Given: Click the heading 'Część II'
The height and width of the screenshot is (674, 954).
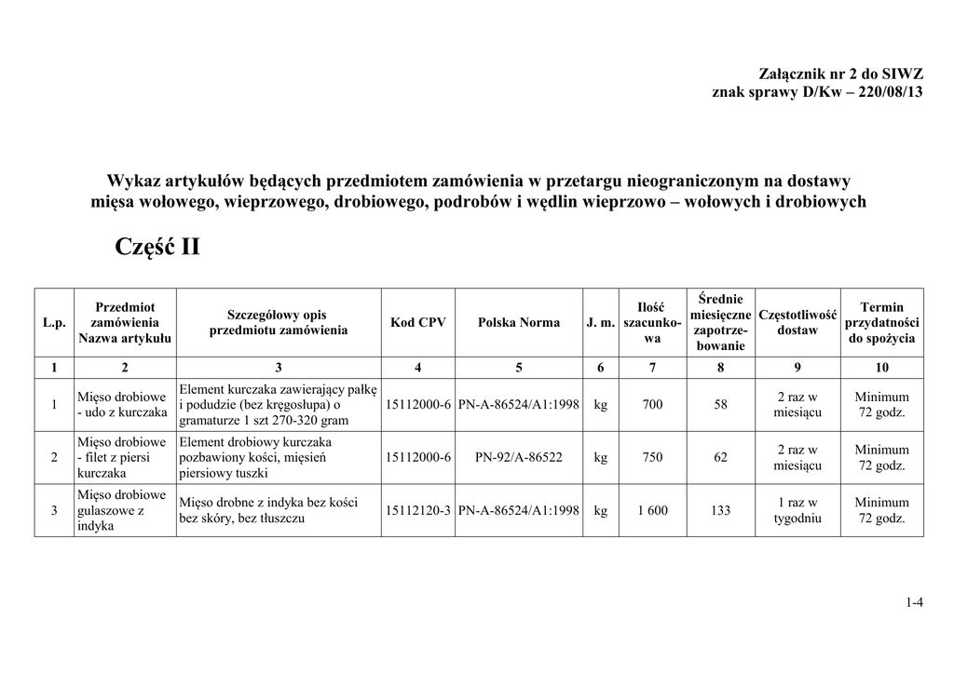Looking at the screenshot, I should click(x=157, y=247).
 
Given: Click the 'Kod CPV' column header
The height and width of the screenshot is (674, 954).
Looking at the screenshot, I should click(x=418, y=322).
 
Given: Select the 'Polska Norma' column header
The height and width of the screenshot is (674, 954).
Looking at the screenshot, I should click(x=519, y=322).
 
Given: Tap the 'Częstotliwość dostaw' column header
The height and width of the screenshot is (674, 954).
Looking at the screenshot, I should click(x=797, y=322).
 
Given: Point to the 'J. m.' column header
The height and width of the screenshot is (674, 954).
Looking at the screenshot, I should click(x=601, y=322).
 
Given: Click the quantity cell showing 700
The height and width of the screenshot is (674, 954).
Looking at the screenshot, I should click(x=653, y=405).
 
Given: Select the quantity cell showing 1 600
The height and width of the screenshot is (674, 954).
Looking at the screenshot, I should click(x=653, y=510).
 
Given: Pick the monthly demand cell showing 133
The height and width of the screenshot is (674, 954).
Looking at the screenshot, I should click(x=720, y=510).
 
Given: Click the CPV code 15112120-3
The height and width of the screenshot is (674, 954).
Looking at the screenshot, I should click(x=418, y=510).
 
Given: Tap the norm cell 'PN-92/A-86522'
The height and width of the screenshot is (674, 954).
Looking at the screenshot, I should click(x=519, y=457).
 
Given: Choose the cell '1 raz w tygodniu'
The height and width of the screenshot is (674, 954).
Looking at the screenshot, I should click(x=797, y=510).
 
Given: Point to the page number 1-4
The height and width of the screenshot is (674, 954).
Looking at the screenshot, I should click(x=913, y=602).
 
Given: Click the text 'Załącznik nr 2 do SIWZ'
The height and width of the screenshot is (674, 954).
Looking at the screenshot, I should click(x=841, y=74).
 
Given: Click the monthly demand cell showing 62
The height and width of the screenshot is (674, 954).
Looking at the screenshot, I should click(x=720, y=457).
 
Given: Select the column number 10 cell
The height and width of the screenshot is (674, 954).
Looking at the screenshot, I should click(x=881, y=368).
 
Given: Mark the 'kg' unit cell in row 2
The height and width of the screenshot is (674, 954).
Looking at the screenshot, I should click(x=601, y=457).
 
